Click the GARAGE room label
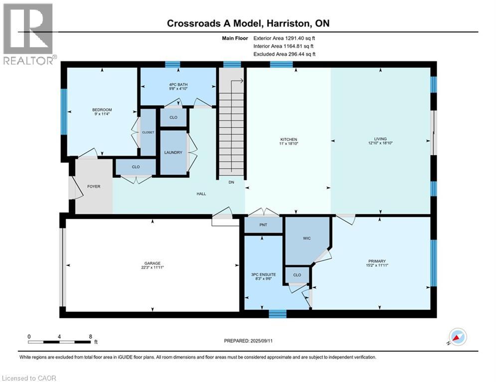pyautogui.click(x=153, y=263)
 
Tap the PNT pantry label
pyautogui.click(x=263, y=225)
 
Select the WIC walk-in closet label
pyautogui.click(x=307, y=238)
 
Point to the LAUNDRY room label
pyautogui.click(x=173, y=153)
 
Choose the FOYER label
pyautogui.click(x=94, y=187)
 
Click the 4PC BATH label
pyautogui.click(x=178, y=84)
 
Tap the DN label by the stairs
pyautogui.click(x=231, y=183)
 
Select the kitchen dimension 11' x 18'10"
pyautogui.click(x=288, y=144)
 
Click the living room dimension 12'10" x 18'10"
pyautogui.click(x=381, y=144)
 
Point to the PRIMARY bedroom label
pyautogui.click(x=377, y=261)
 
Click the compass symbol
pyautogui.click(x=458, y=337)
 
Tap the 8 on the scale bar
pyautogui.click(x=90, y=336)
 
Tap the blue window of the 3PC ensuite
pyautogui.click(x=278, y=314)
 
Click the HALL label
pyautogui.click(x=201, y=194)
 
